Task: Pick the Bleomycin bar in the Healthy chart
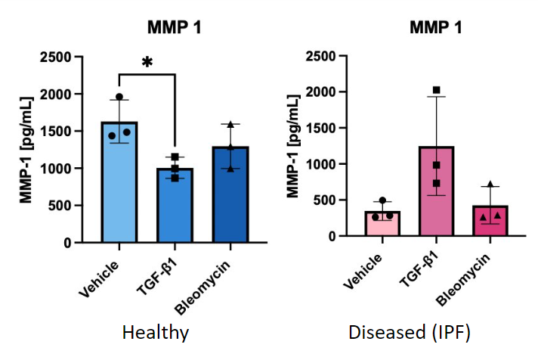click(x=230, y=197)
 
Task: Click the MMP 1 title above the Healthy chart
click(x=174, y=28)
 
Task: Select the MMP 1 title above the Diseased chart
click(x=436, y=28)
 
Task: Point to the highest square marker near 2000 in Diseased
click(x=437, y=91)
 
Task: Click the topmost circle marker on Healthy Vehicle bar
click(x=119, y=98)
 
